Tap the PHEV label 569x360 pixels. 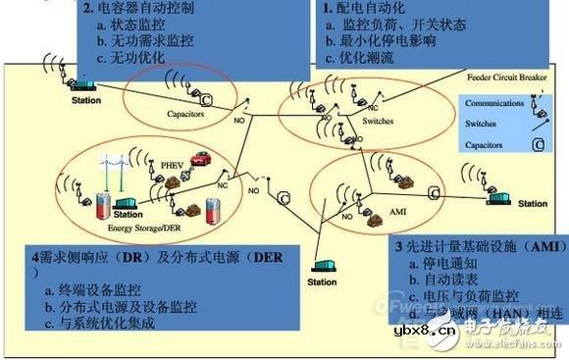pyautogui.click(x=172, y=166)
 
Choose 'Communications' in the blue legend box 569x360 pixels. pyautogui.click(x=493, y=103)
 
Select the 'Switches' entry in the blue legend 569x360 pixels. pyautogui.click(x=482, y=125)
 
